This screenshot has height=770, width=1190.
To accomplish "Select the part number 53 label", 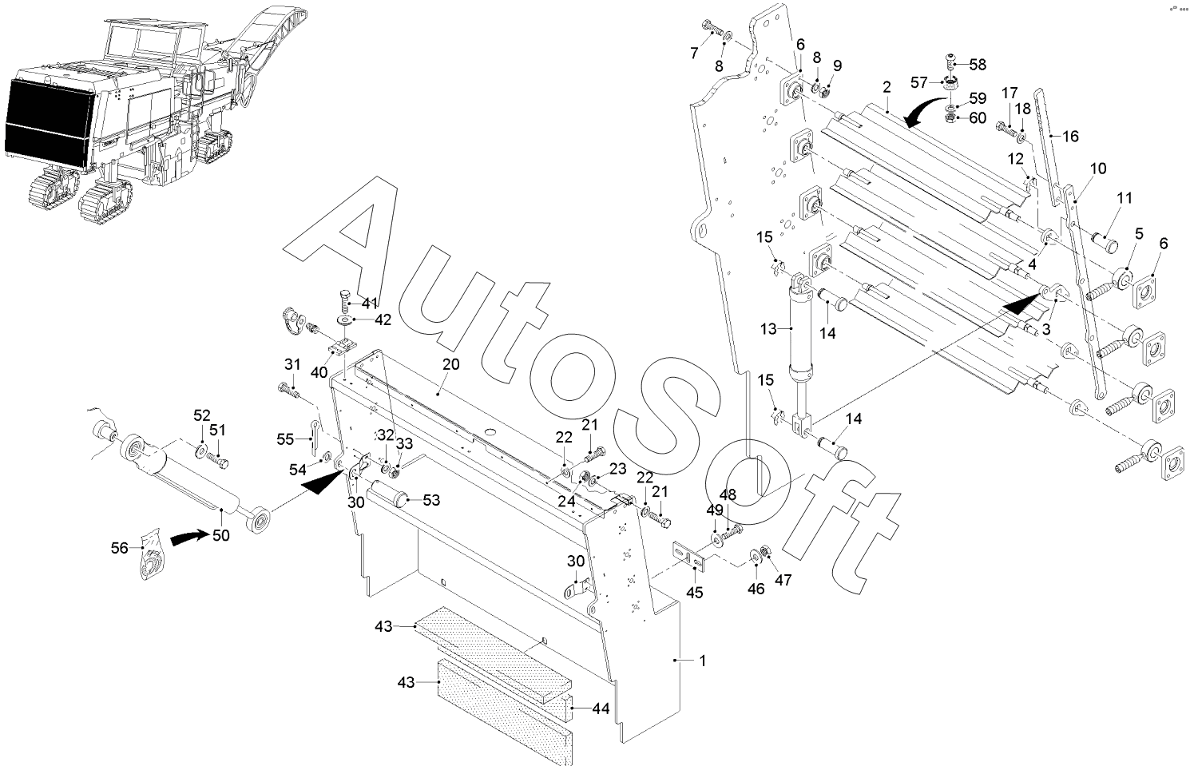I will (x=431, y=501).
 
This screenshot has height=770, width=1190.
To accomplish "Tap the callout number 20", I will (x=451, y=363).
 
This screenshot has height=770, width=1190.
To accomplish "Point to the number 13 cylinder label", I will (x=768, y=328).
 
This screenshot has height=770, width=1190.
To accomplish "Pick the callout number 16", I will (x=1070, y=137).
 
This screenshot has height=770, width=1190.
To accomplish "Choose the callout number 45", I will (x=695, y=592).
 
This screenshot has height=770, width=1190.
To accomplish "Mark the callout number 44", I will (x=601, y=708).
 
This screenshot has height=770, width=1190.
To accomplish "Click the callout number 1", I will (x=702, y=661).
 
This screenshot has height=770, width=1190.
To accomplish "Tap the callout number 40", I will (x=319, y=372).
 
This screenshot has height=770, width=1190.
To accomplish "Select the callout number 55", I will (x=285, y=439).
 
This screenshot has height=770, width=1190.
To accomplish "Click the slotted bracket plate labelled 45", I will (x=688, y=558).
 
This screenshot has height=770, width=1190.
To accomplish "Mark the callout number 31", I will (x=292, y=364).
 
